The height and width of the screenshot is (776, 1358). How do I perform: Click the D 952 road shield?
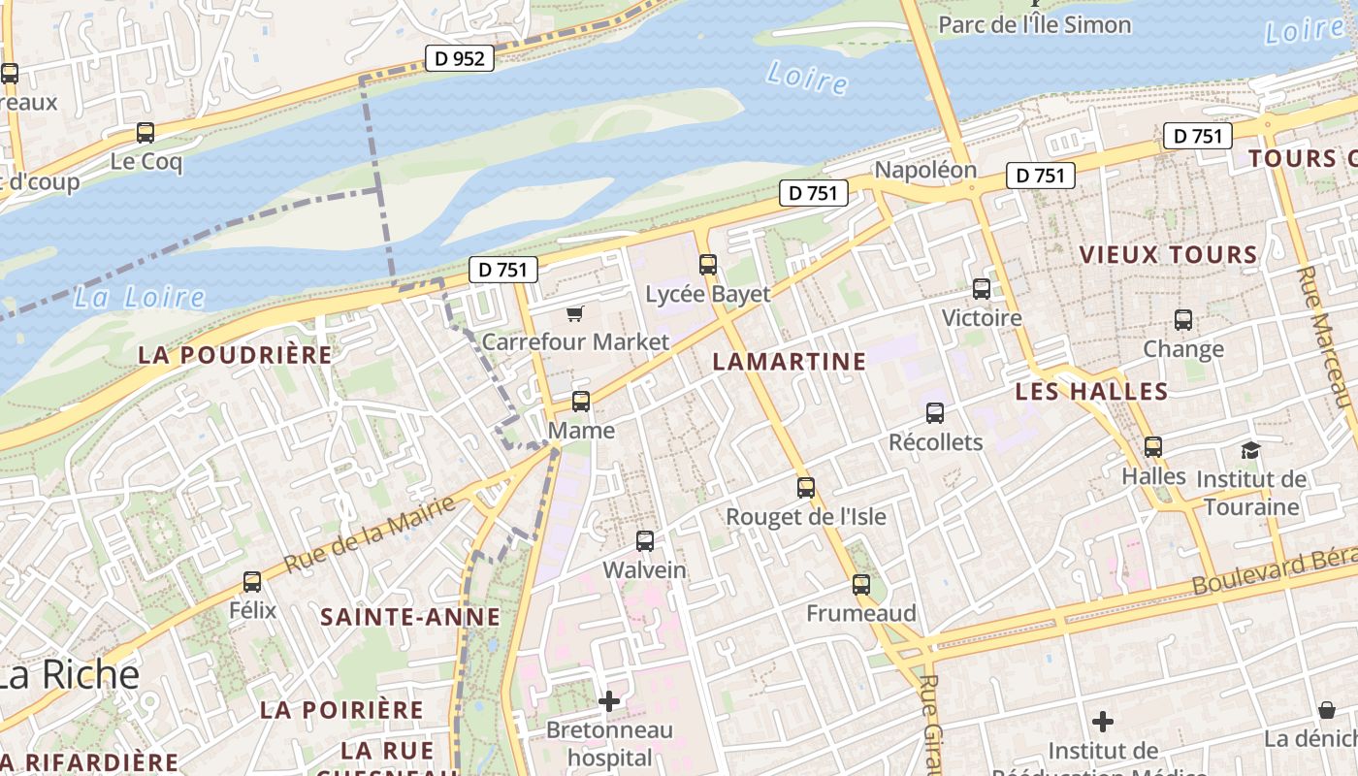[459, 58]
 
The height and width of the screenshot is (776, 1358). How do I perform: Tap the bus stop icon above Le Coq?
[145, 133]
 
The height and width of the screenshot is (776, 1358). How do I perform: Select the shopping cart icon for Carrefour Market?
[575, 312]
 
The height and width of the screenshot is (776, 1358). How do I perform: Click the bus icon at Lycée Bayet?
[708, 264]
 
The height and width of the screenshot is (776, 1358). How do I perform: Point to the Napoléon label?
[925, 170]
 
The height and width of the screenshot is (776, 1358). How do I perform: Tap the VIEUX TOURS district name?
[1168, 255]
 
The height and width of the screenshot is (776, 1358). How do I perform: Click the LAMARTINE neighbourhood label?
[789, 362]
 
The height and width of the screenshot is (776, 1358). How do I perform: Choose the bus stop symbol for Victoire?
[982, 288]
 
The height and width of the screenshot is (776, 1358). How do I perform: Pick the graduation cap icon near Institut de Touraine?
[1250, 450]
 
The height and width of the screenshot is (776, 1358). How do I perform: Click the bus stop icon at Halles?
[1153, 447]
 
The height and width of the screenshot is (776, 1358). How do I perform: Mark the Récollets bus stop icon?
[935, 413]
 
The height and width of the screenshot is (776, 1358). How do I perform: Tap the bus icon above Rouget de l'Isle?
[806, 488]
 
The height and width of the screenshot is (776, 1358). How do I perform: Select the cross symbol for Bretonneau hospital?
[609, 700]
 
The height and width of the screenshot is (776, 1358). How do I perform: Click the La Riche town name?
[70, 675]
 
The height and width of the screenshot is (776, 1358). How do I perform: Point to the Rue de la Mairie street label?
[370, 533]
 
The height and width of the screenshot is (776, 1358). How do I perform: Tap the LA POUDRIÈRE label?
[235, 355]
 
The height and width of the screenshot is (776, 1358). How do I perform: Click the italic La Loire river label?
[139, 297]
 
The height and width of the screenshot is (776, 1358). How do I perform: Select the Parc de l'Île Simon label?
[1034, 24]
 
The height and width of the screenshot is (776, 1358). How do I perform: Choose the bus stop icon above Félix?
[252, 582]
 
